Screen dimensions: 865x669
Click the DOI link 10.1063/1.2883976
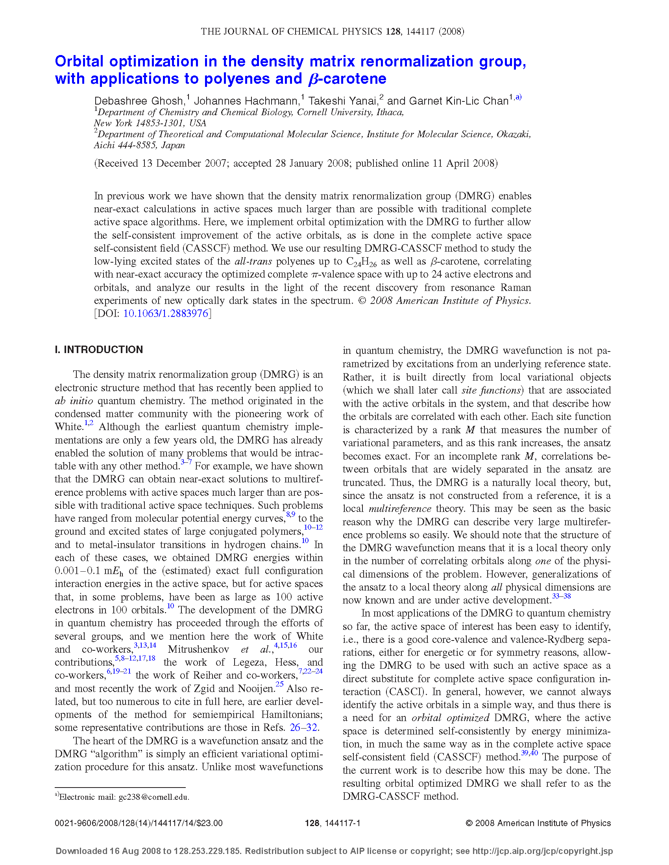pyautogui.click(x=166, y=313)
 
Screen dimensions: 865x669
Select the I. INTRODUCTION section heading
pyautogui.click(x=99, y=350)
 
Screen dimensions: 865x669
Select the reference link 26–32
pyautogui.click(x=303, y=727)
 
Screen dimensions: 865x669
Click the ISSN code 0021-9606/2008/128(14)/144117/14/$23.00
pyautogui.click(x=139, y=823)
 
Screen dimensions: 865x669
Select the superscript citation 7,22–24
pyautogui.click(x=310, y=671)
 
